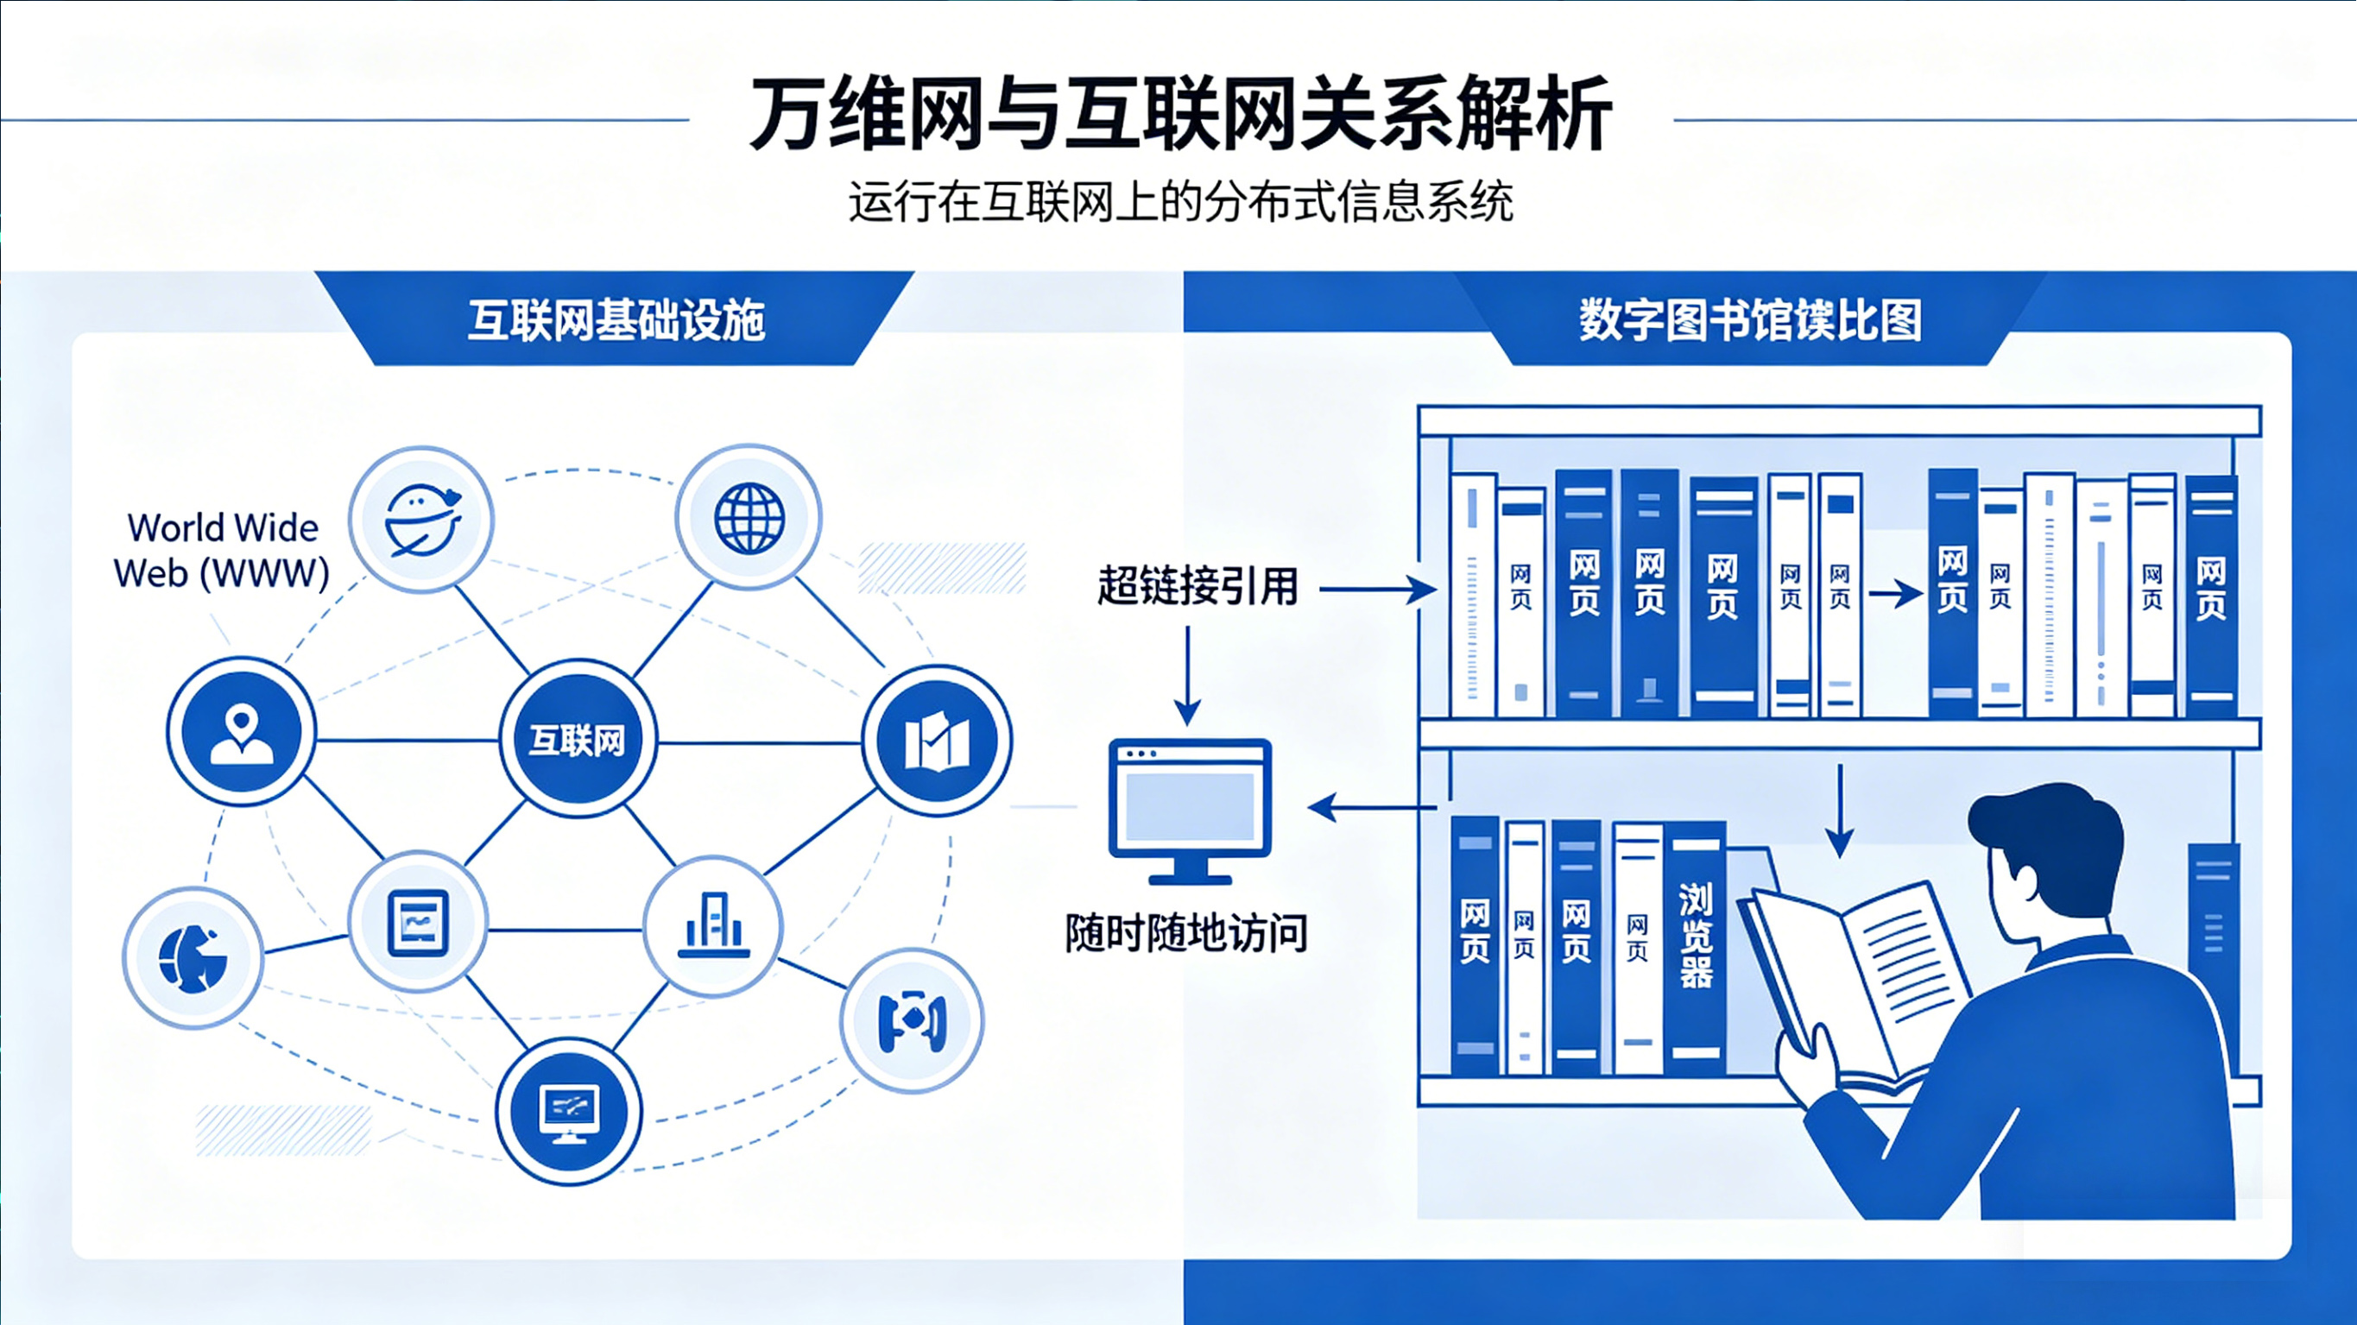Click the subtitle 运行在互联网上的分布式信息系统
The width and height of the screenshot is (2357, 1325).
click(x=1180, y=201)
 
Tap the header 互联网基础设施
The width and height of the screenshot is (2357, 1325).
click(x=616, y=320)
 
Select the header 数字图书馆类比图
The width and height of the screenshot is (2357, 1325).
click(x=1749, y=320)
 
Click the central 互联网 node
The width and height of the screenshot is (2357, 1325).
click(x=578, y=738)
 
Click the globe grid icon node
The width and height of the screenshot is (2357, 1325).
click(x=749, y=518)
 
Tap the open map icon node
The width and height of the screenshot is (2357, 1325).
click(x=937, y=741)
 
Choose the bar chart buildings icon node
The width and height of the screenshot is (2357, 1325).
click(x=713, y=925)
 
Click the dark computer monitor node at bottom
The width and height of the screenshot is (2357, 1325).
click(x=569, y=1111)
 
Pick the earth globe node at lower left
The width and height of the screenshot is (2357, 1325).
click(x=193, y=957)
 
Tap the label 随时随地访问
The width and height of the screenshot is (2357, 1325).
click(x=1185, y=933)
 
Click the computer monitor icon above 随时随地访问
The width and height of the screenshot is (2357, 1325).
click(x=1190, y=809)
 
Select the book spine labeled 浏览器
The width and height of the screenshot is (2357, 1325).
click(x=1696, y=943)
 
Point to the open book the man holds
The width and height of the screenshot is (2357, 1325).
click(x=1857, y=979)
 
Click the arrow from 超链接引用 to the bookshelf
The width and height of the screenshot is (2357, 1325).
click(x=1376, y=590)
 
